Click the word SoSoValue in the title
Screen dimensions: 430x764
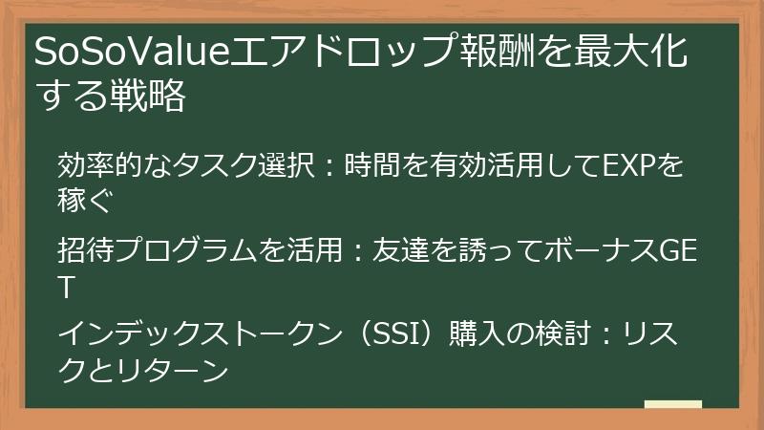coord(119,54)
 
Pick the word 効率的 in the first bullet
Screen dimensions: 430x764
coord(96,165)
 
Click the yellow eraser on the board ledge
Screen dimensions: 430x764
coord(672,404)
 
